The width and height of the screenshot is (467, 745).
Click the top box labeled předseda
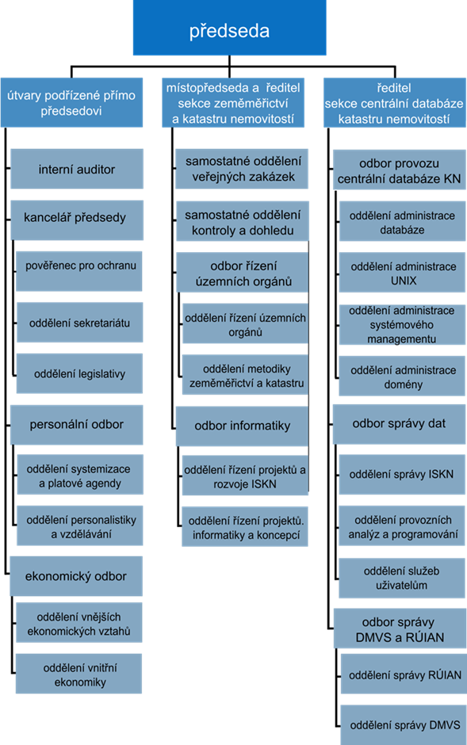point(229,28)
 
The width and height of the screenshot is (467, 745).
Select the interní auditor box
point(76,169)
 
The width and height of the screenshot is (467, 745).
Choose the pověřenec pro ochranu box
point(78,271)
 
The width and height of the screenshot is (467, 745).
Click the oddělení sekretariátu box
point(79,322)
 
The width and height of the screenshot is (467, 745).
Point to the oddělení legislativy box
point(79,373)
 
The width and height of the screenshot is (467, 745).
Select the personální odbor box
point(76,425)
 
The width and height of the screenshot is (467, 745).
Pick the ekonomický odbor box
point(76,576)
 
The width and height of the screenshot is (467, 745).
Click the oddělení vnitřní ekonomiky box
point(78,674)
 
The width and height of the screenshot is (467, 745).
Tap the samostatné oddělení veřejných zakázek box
point(242,169)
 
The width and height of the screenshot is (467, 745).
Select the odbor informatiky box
point(243,426)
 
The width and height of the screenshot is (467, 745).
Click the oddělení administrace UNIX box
point(403,273)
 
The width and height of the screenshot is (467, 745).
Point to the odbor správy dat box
point(399,424)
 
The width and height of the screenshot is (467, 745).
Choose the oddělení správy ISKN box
point(402,474)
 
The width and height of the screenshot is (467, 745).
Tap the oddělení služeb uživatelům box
point(402,579)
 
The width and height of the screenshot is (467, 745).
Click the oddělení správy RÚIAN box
point(404,674)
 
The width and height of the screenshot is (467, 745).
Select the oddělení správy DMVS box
point(404,725)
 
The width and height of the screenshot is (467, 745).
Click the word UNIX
point(404,281)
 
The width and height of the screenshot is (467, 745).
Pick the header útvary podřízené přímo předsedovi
point(71,102)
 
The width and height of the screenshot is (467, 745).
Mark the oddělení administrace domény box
point(402,376)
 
